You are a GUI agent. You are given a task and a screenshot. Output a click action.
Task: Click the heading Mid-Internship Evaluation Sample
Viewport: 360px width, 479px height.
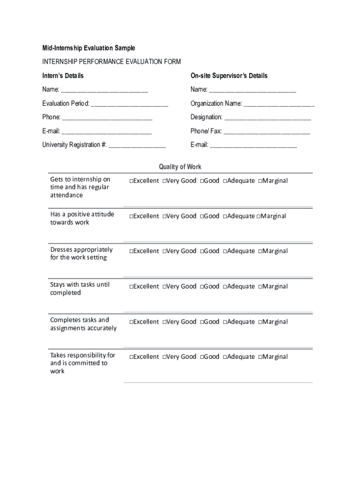(x=88, y=48)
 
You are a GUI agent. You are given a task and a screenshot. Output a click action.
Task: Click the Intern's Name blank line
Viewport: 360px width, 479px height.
(x=104, y=90)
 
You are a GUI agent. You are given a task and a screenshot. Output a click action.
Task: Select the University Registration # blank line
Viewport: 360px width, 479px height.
(x=137, y=145)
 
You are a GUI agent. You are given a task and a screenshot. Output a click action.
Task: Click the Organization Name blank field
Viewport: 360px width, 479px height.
(x=279, y=104)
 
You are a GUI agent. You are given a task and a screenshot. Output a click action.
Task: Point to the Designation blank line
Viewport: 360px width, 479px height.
(x=267, y=117)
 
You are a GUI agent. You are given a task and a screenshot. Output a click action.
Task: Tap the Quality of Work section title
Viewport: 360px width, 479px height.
(x=180, y=167)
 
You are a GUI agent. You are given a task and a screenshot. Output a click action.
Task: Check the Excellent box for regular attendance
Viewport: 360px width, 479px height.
(x=132, y=181)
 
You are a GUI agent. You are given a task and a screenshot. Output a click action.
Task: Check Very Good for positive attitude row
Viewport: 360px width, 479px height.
(x=165, y=216)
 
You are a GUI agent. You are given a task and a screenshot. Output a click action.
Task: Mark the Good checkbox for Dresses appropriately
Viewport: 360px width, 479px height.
(x=202, y=251)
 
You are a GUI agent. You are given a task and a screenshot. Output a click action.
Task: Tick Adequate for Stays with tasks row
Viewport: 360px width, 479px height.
(x=225, y=287)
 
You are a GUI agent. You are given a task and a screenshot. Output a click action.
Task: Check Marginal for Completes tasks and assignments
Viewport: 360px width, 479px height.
(x=260, y=322)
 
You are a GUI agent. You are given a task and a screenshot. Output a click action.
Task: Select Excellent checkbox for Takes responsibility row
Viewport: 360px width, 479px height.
(x=132, y=357)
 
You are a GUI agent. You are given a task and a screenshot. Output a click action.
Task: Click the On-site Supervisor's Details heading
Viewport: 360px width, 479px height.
(x=229, y=76)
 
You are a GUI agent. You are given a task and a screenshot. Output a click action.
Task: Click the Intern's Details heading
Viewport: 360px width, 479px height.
(x=63, y=76)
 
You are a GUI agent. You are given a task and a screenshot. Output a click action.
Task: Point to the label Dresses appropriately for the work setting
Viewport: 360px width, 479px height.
(x=81, y=254)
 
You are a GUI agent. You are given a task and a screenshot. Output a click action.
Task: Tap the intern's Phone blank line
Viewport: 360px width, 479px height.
(x=107, y=117)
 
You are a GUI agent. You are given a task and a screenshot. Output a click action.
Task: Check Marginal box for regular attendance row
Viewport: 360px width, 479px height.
(x=260, y=181)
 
